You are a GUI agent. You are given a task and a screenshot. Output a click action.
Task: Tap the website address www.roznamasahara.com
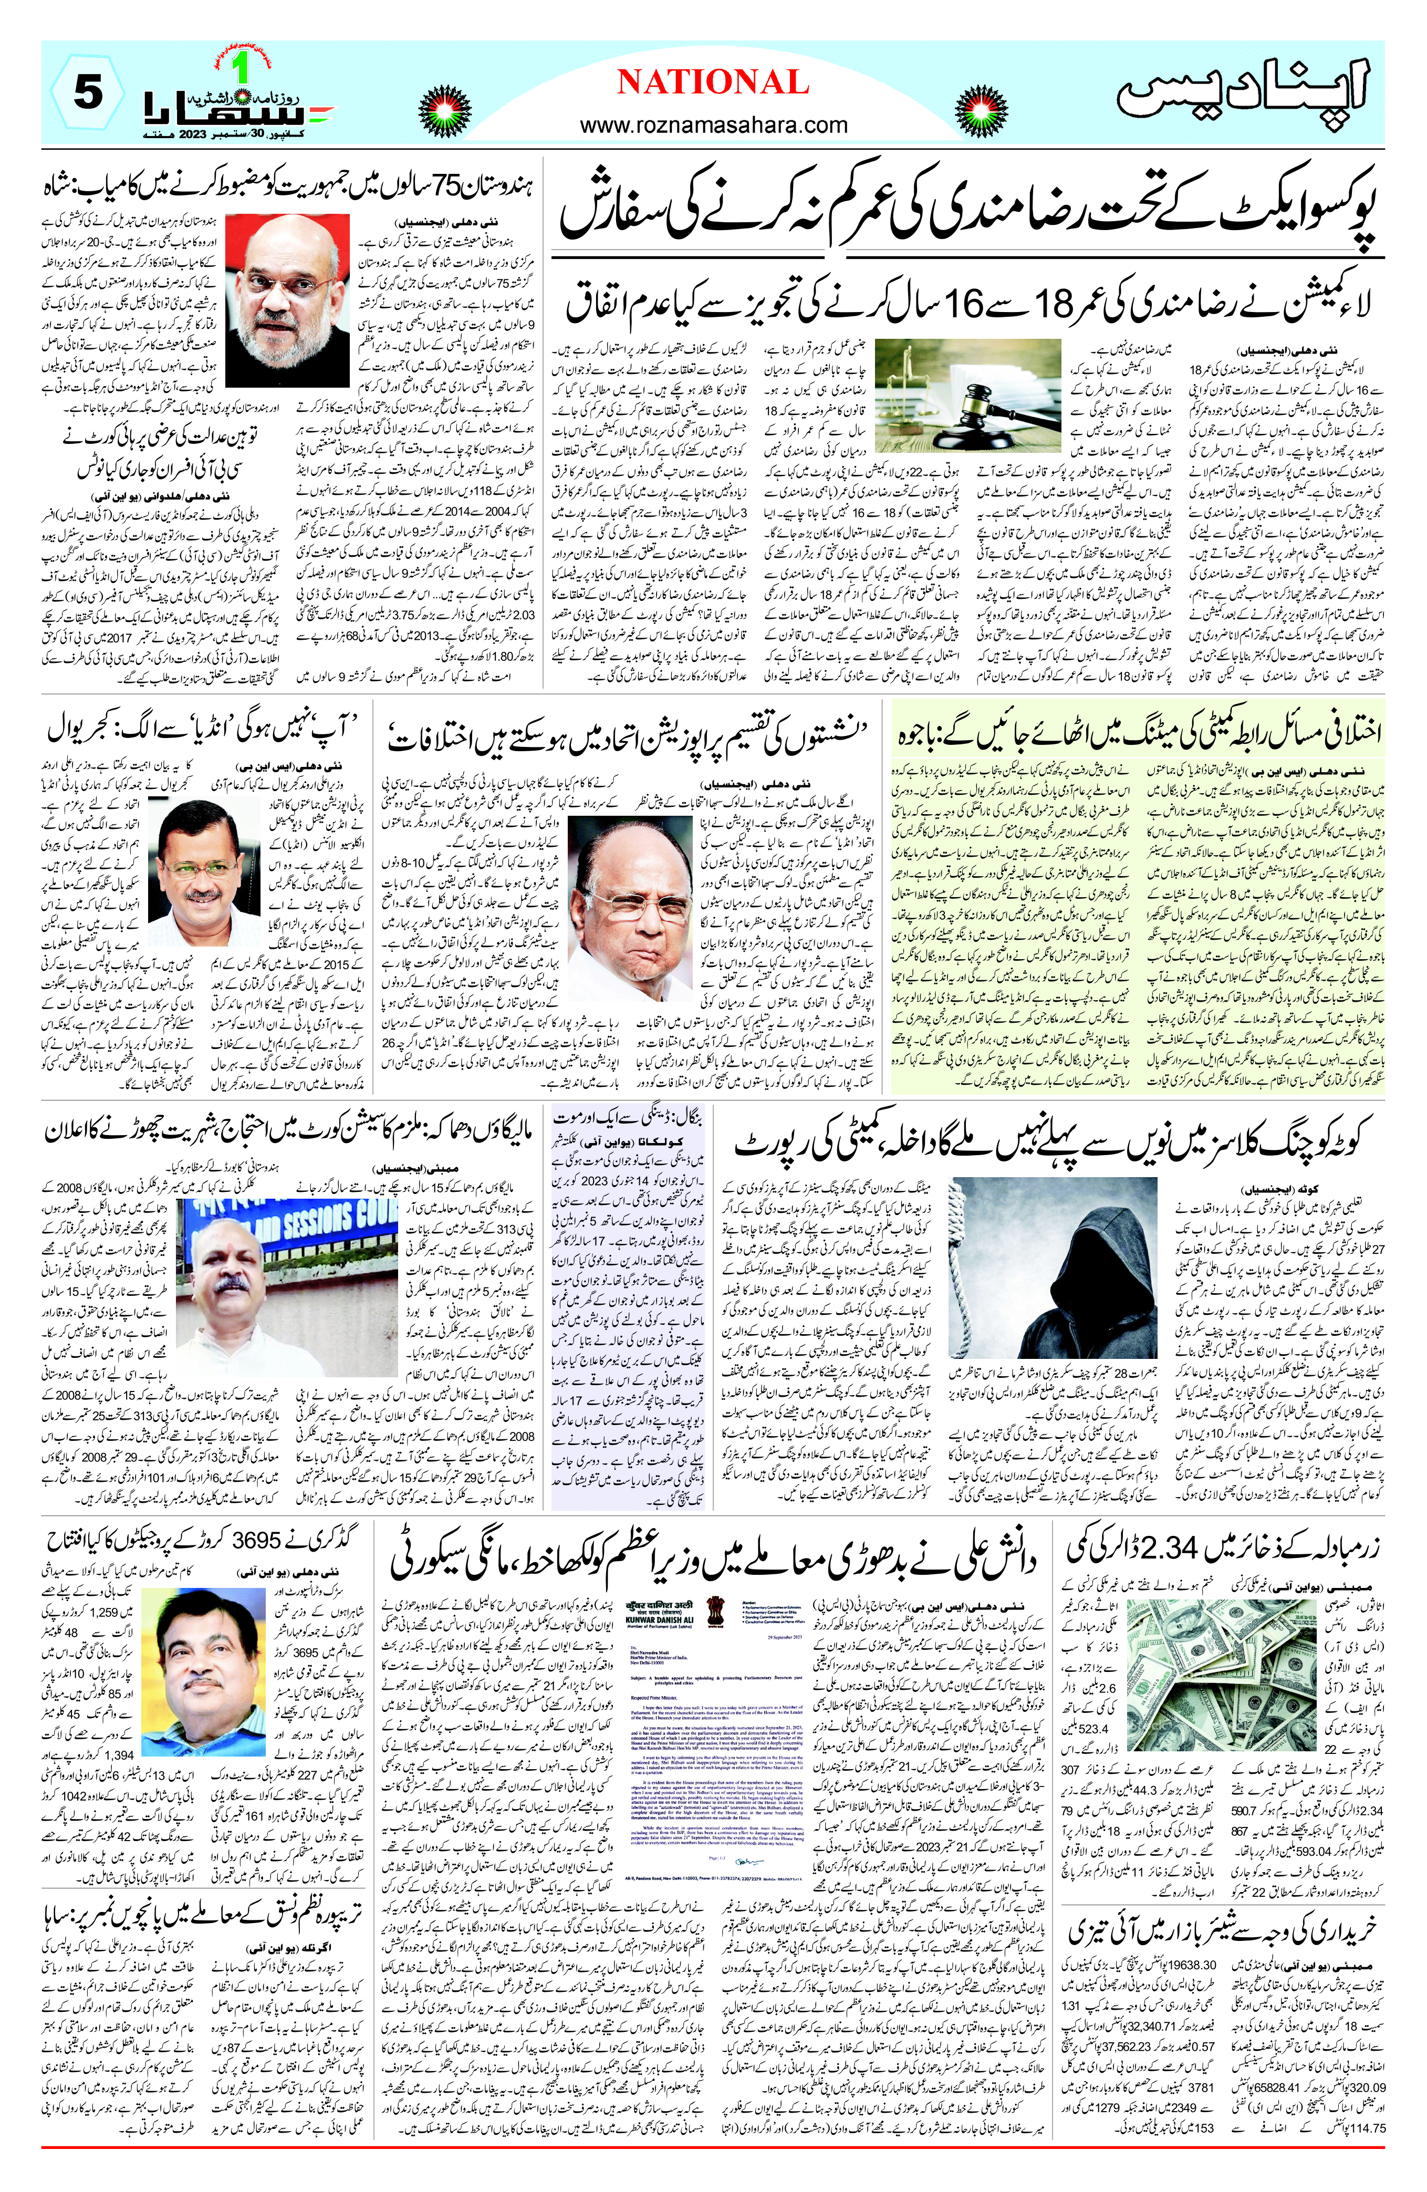713,124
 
